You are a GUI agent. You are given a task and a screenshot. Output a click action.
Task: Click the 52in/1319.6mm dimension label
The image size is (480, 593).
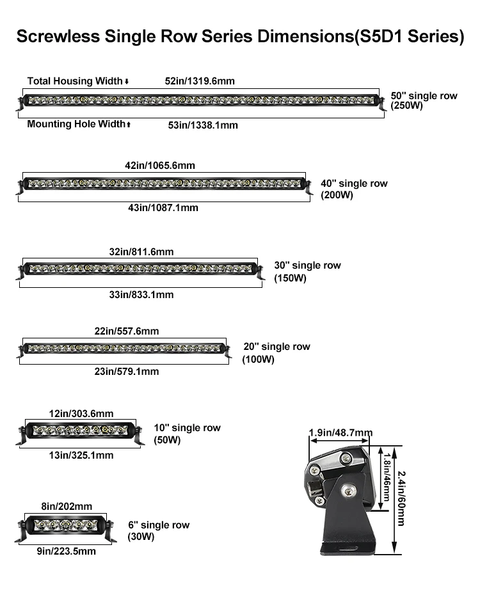[200, 81]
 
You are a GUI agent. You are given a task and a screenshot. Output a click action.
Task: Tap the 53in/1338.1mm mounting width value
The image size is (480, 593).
[203, 125]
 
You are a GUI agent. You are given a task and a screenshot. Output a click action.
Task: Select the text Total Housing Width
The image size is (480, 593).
[75, 81]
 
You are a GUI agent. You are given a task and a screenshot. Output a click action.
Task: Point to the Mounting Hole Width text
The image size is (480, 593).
[76, 124]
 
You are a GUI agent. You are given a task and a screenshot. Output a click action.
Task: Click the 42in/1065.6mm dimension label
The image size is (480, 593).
[160, 166]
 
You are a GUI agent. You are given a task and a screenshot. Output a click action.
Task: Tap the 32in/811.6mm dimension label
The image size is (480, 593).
[141, 251]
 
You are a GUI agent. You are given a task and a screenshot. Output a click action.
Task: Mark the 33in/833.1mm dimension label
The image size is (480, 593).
[141, 295]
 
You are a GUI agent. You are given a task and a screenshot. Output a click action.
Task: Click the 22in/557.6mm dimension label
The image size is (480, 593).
[127, 331]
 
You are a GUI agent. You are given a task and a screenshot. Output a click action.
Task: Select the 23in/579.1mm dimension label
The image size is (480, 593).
[127, 372]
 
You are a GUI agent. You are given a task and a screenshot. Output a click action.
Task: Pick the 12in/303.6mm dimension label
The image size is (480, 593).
[81, 413]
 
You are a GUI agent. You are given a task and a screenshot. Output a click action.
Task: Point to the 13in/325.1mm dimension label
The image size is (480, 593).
[81, 455]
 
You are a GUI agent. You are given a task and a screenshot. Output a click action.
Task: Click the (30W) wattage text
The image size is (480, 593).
[141, 537]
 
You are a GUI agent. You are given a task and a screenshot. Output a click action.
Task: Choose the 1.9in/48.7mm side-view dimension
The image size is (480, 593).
[340, 433]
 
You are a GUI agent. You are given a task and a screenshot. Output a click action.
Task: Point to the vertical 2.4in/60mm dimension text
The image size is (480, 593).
[401, 498]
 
